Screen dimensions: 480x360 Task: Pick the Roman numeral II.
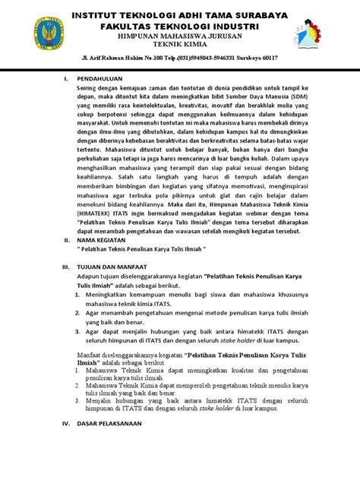tap(65, 238)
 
